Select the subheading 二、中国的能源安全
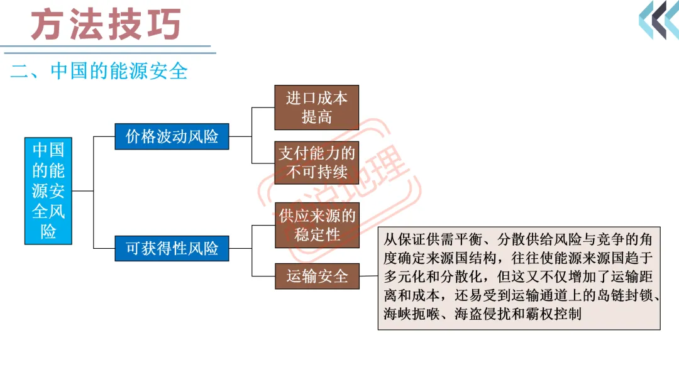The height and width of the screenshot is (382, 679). [x=99, y=71]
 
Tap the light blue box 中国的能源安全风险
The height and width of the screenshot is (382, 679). [x=48, y=190]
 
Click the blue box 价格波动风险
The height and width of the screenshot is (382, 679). [x=172, y=136]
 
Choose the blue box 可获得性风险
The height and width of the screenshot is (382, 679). [x=172, y=248]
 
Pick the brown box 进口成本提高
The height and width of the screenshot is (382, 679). [x=317, y=107]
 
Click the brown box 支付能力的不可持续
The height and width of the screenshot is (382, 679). [x=317, y=161]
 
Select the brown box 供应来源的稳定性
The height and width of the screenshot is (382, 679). [x=317, y=225]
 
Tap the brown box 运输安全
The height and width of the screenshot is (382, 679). [x=317, y=276]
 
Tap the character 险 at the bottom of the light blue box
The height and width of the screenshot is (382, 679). [x=48, y=232]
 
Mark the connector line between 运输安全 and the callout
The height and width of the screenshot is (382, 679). [x=369, y=275]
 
